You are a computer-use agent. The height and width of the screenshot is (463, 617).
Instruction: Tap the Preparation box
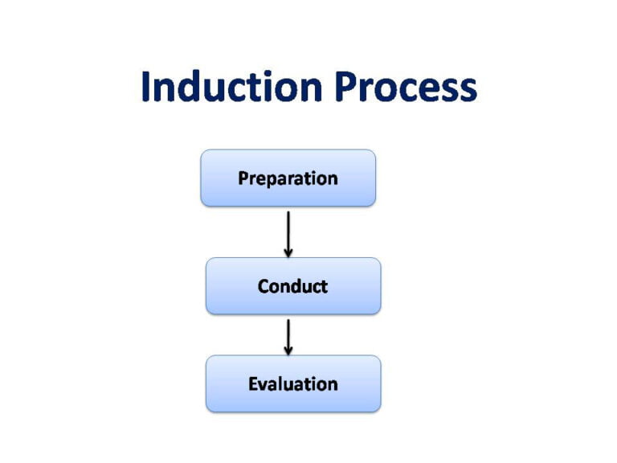coord(288,178)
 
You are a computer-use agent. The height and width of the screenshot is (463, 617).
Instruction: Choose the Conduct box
coord(293,285)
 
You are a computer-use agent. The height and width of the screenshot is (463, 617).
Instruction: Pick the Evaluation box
coord(293,383)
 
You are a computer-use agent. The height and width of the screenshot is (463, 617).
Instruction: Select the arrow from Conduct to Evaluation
coord(288,335)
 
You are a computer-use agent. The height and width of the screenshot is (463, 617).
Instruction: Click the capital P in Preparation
coord(243,178)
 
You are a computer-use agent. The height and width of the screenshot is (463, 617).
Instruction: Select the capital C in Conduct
coord(264,285)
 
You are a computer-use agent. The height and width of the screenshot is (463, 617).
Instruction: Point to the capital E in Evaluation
coord(253,383)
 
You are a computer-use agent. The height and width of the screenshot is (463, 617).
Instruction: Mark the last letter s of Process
coord(467,90)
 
